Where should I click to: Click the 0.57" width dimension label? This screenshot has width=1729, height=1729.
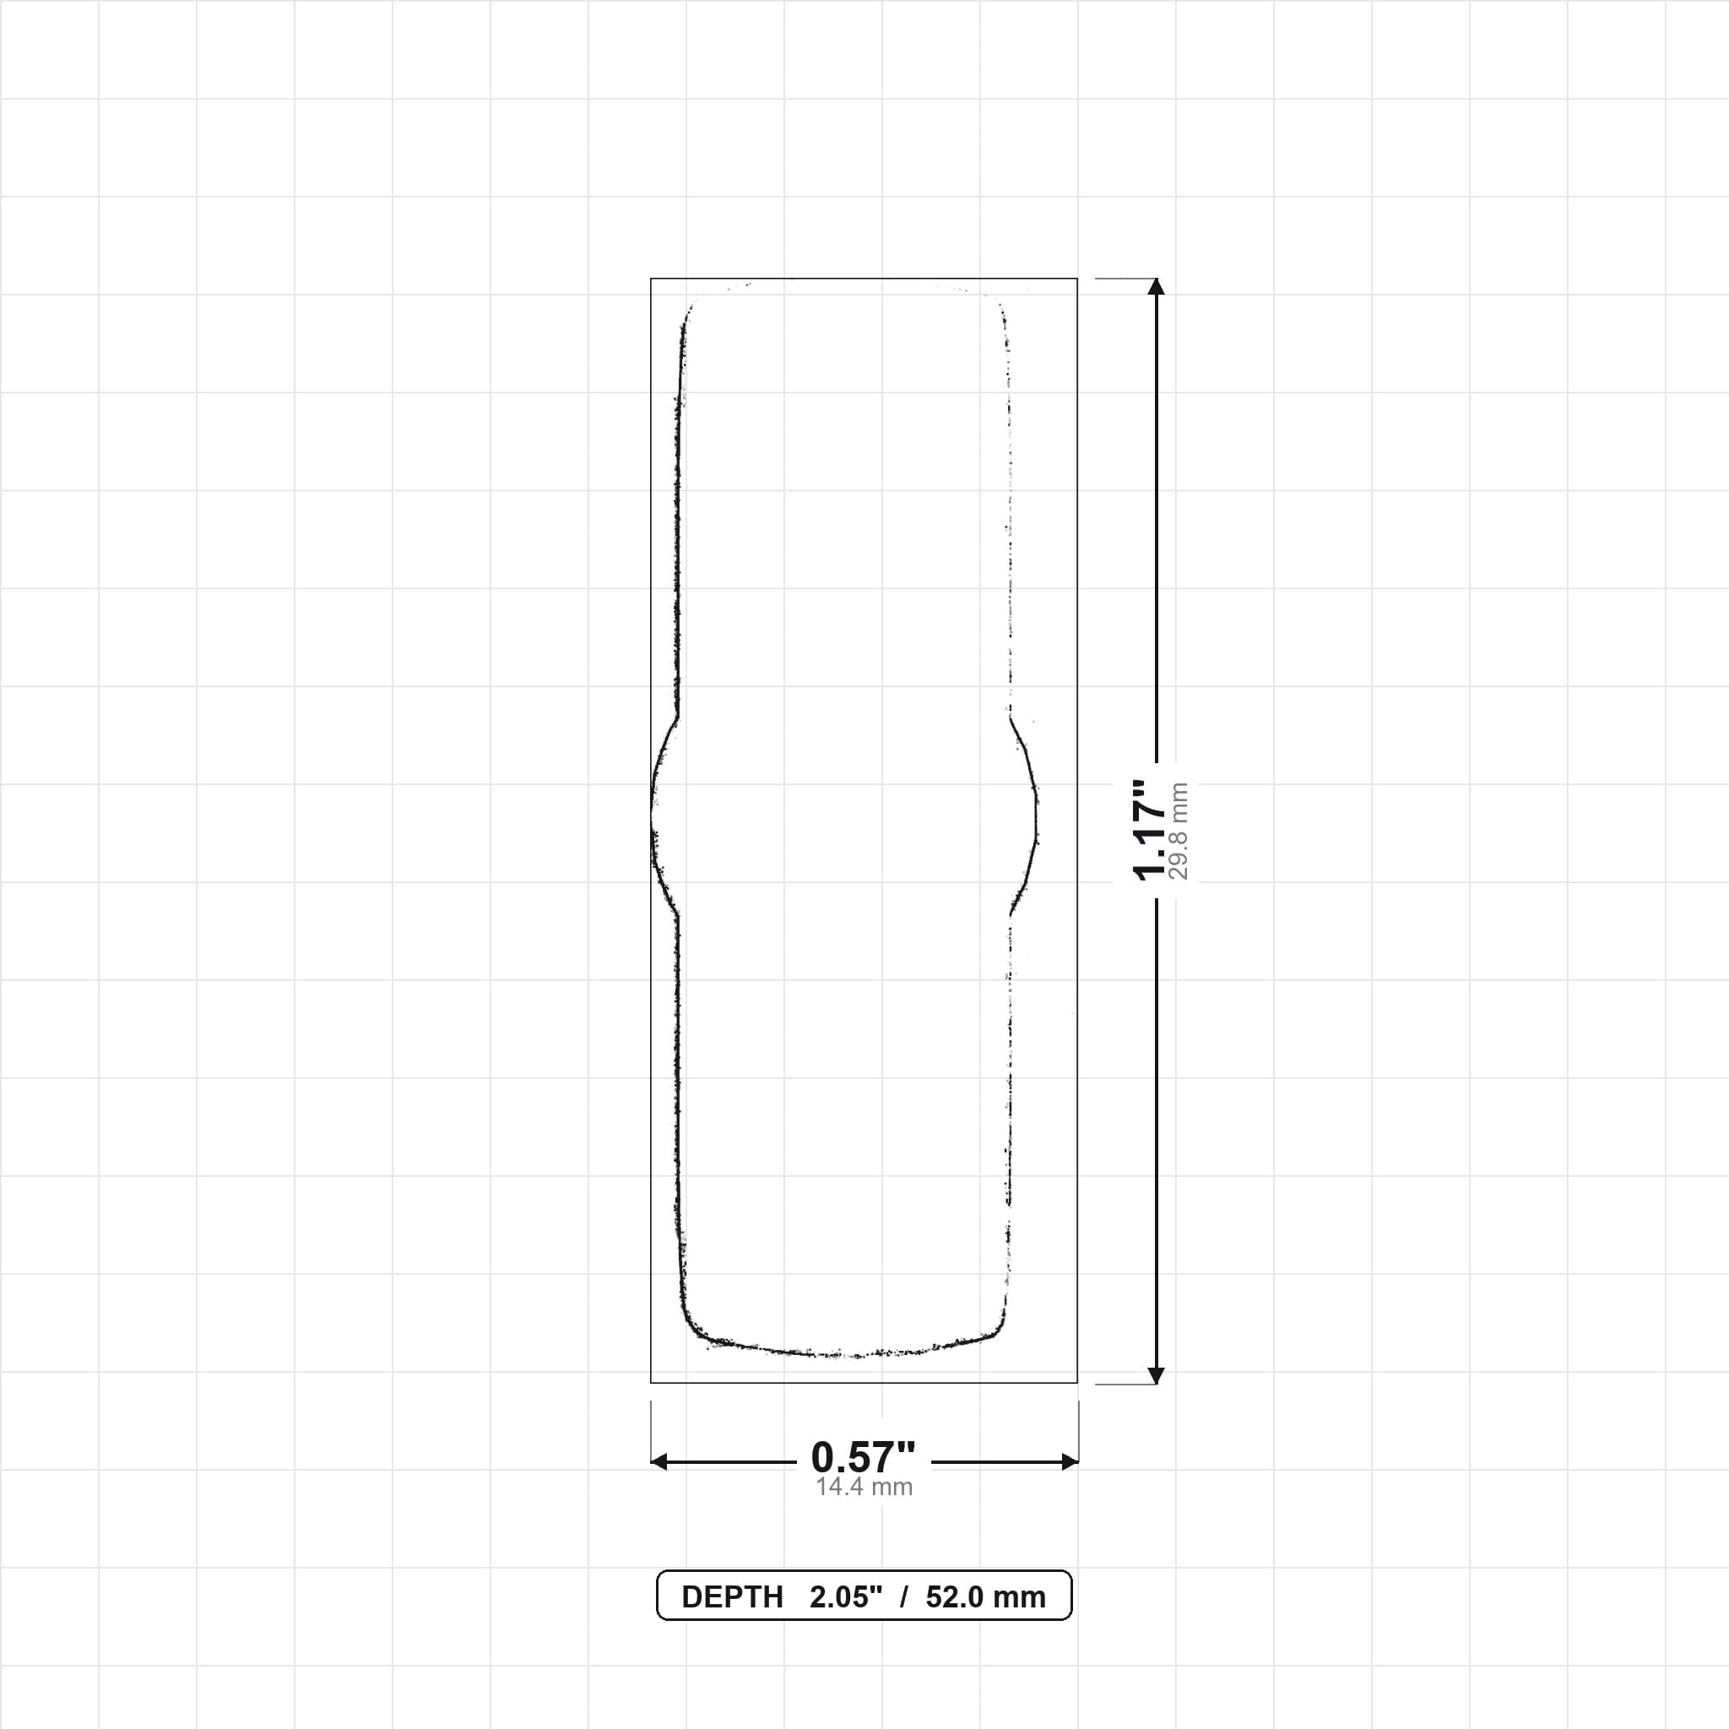pyautogui.click(x=864, y=1458)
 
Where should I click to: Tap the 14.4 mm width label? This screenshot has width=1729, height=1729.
pyautogui.click(x=864, y=1488)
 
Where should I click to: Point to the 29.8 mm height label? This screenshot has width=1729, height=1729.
pyautogui.click(x=1179, y=831)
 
